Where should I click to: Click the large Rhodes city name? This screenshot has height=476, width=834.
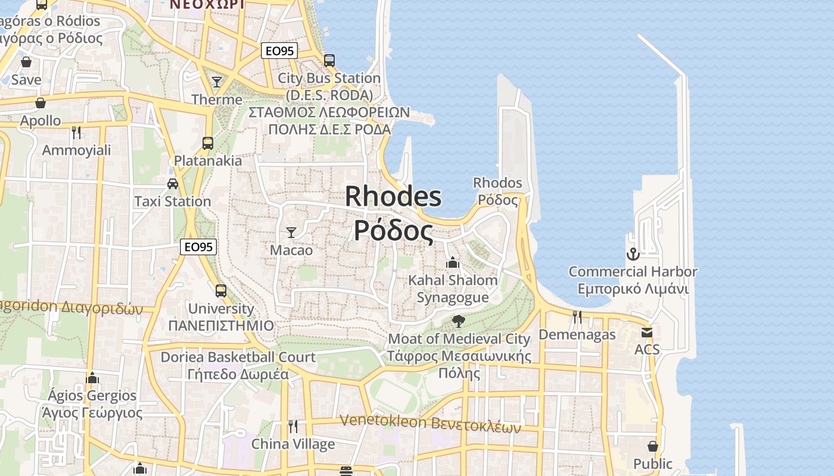click(393, 213)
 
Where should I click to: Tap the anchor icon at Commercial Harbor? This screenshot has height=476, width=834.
click(633, 255)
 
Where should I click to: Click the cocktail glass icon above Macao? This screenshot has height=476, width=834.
click(291, 232)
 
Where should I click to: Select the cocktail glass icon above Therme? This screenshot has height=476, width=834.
click(217, 82)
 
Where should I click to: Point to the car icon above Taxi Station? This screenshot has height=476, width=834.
click(173, 183)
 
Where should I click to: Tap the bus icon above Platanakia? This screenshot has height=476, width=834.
click(208, 143)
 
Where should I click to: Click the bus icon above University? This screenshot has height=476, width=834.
click(221, 290)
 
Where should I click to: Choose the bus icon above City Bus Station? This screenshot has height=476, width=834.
click(329, 60)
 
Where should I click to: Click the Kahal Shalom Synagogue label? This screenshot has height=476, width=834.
click(453, 288)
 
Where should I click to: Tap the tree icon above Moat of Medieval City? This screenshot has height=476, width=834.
click(458, 321)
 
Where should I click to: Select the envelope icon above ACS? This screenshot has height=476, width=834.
click(647, 332)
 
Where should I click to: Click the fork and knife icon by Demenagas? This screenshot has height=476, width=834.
click(577, 317)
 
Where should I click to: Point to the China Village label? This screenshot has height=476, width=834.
click(293, 444)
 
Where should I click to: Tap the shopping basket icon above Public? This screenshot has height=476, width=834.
click(653, 446)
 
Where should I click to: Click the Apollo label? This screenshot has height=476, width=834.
click(41, 121)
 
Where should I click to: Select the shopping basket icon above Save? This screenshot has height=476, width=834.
click(26, 62)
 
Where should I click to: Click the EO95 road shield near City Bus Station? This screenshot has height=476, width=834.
click(279, 51)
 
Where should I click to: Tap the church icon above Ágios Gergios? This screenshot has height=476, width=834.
click(92, 378)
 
